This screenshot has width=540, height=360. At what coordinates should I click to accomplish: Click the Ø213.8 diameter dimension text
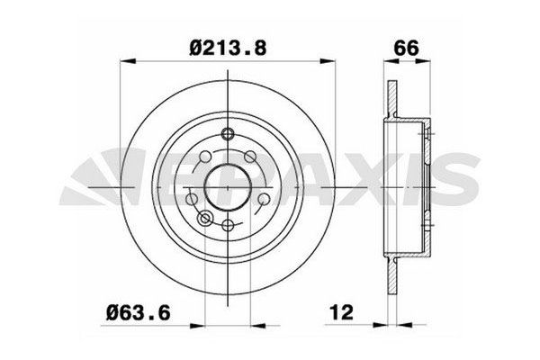click(229, 48)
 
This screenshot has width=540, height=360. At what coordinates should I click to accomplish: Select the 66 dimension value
click(407, 48)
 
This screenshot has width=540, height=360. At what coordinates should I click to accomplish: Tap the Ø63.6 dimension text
click(139, 313)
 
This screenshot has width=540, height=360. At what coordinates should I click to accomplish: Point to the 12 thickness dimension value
click(342, 312)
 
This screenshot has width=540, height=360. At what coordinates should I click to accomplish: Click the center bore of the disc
click(228, 187)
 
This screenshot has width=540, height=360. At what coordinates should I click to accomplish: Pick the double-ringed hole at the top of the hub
click(228, 134)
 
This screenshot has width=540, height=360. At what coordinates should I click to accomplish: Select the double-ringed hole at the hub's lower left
click(205, 218)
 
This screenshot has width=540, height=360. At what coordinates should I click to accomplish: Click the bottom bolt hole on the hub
click(228, 226)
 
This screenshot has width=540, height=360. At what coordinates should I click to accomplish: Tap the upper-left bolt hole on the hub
click(205, 157)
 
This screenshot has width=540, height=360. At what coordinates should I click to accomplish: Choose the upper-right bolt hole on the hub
click(250, 157)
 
